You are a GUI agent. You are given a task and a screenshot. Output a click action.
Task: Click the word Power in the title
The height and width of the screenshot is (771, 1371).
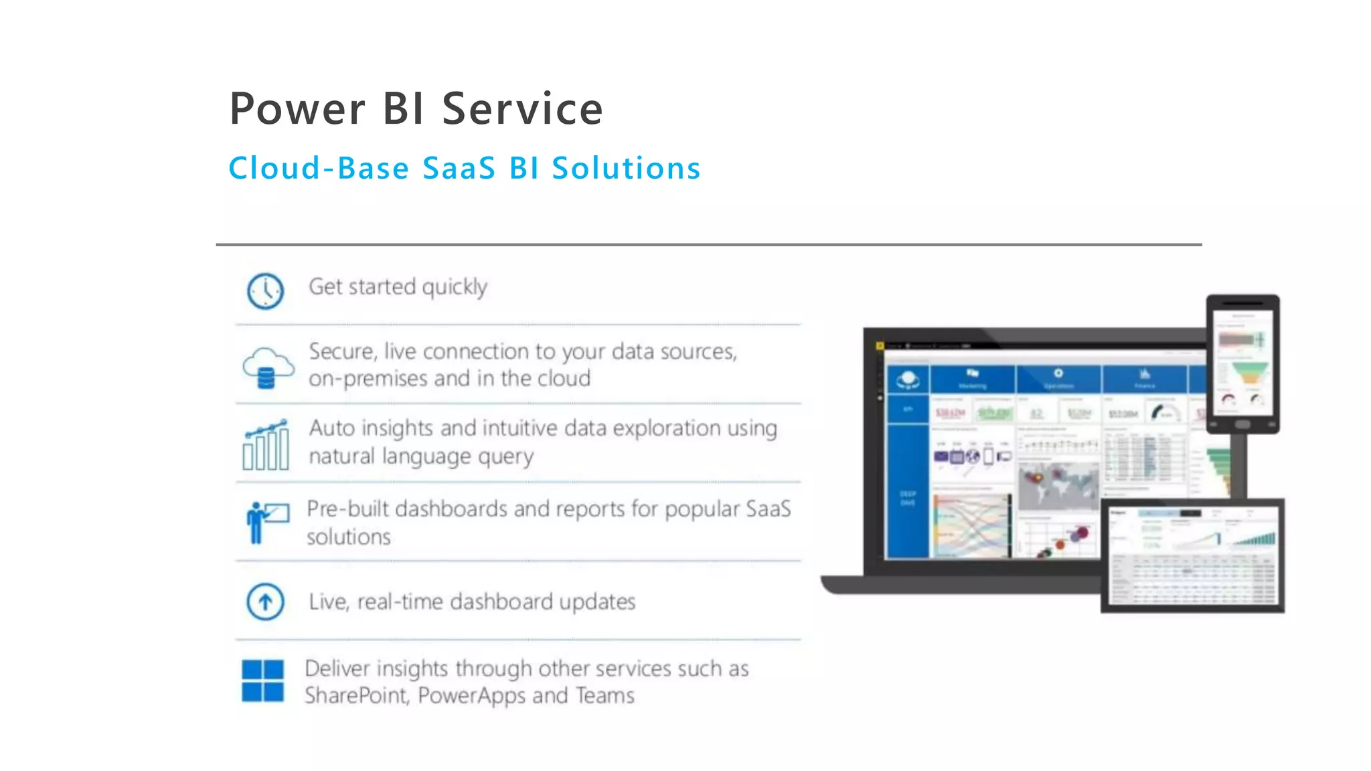tap(297, 109)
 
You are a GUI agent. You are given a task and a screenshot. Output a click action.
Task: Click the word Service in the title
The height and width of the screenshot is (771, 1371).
tap(522, 109)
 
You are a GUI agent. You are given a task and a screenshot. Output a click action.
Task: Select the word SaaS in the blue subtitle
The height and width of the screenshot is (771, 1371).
tap(459, 168)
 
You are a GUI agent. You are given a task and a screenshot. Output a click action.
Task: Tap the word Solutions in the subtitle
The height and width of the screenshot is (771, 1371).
tap(626, 168)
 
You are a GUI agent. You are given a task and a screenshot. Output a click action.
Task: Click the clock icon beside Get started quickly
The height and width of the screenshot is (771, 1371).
tap(265, 291)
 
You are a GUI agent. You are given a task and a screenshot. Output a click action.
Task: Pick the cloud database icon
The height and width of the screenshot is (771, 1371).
tap(267, 367)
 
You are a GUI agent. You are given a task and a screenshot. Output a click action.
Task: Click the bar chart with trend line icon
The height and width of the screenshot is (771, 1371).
tap(266, 444)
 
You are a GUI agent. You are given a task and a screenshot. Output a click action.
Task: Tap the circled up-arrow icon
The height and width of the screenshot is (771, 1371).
tap(265, 602)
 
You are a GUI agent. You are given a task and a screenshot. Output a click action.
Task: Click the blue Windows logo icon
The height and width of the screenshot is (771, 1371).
tap(262, 681)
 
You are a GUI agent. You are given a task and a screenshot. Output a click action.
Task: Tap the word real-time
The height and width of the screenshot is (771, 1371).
tap(400, 602)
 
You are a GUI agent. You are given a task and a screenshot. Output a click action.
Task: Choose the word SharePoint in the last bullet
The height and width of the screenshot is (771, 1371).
tap(356, 696)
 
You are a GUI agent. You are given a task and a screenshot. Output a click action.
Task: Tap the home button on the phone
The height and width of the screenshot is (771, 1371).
tap(1242, 424)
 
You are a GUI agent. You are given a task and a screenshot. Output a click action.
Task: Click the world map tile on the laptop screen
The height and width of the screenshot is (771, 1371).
tap(1058, 487)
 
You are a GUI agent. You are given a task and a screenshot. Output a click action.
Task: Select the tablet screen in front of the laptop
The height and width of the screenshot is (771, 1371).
tap(1192, 555)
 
